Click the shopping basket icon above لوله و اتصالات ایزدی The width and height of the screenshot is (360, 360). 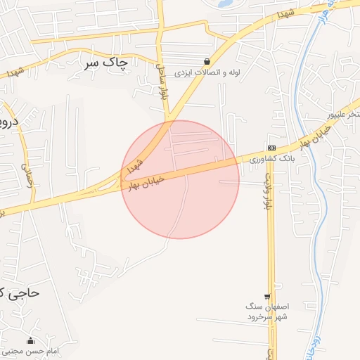(206, 61)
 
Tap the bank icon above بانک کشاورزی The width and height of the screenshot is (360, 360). (271, 147)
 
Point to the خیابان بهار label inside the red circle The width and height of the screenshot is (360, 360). (147, 181)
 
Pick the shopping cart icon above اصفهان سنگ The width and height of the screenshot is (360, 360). (267, 297)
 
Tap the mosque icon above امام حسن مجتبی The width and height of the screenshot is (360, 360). (30, 340)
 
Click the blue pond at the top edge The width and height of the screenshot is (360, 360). (226, 3)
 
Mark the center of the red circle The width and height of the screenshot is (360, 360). (180, 179)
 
